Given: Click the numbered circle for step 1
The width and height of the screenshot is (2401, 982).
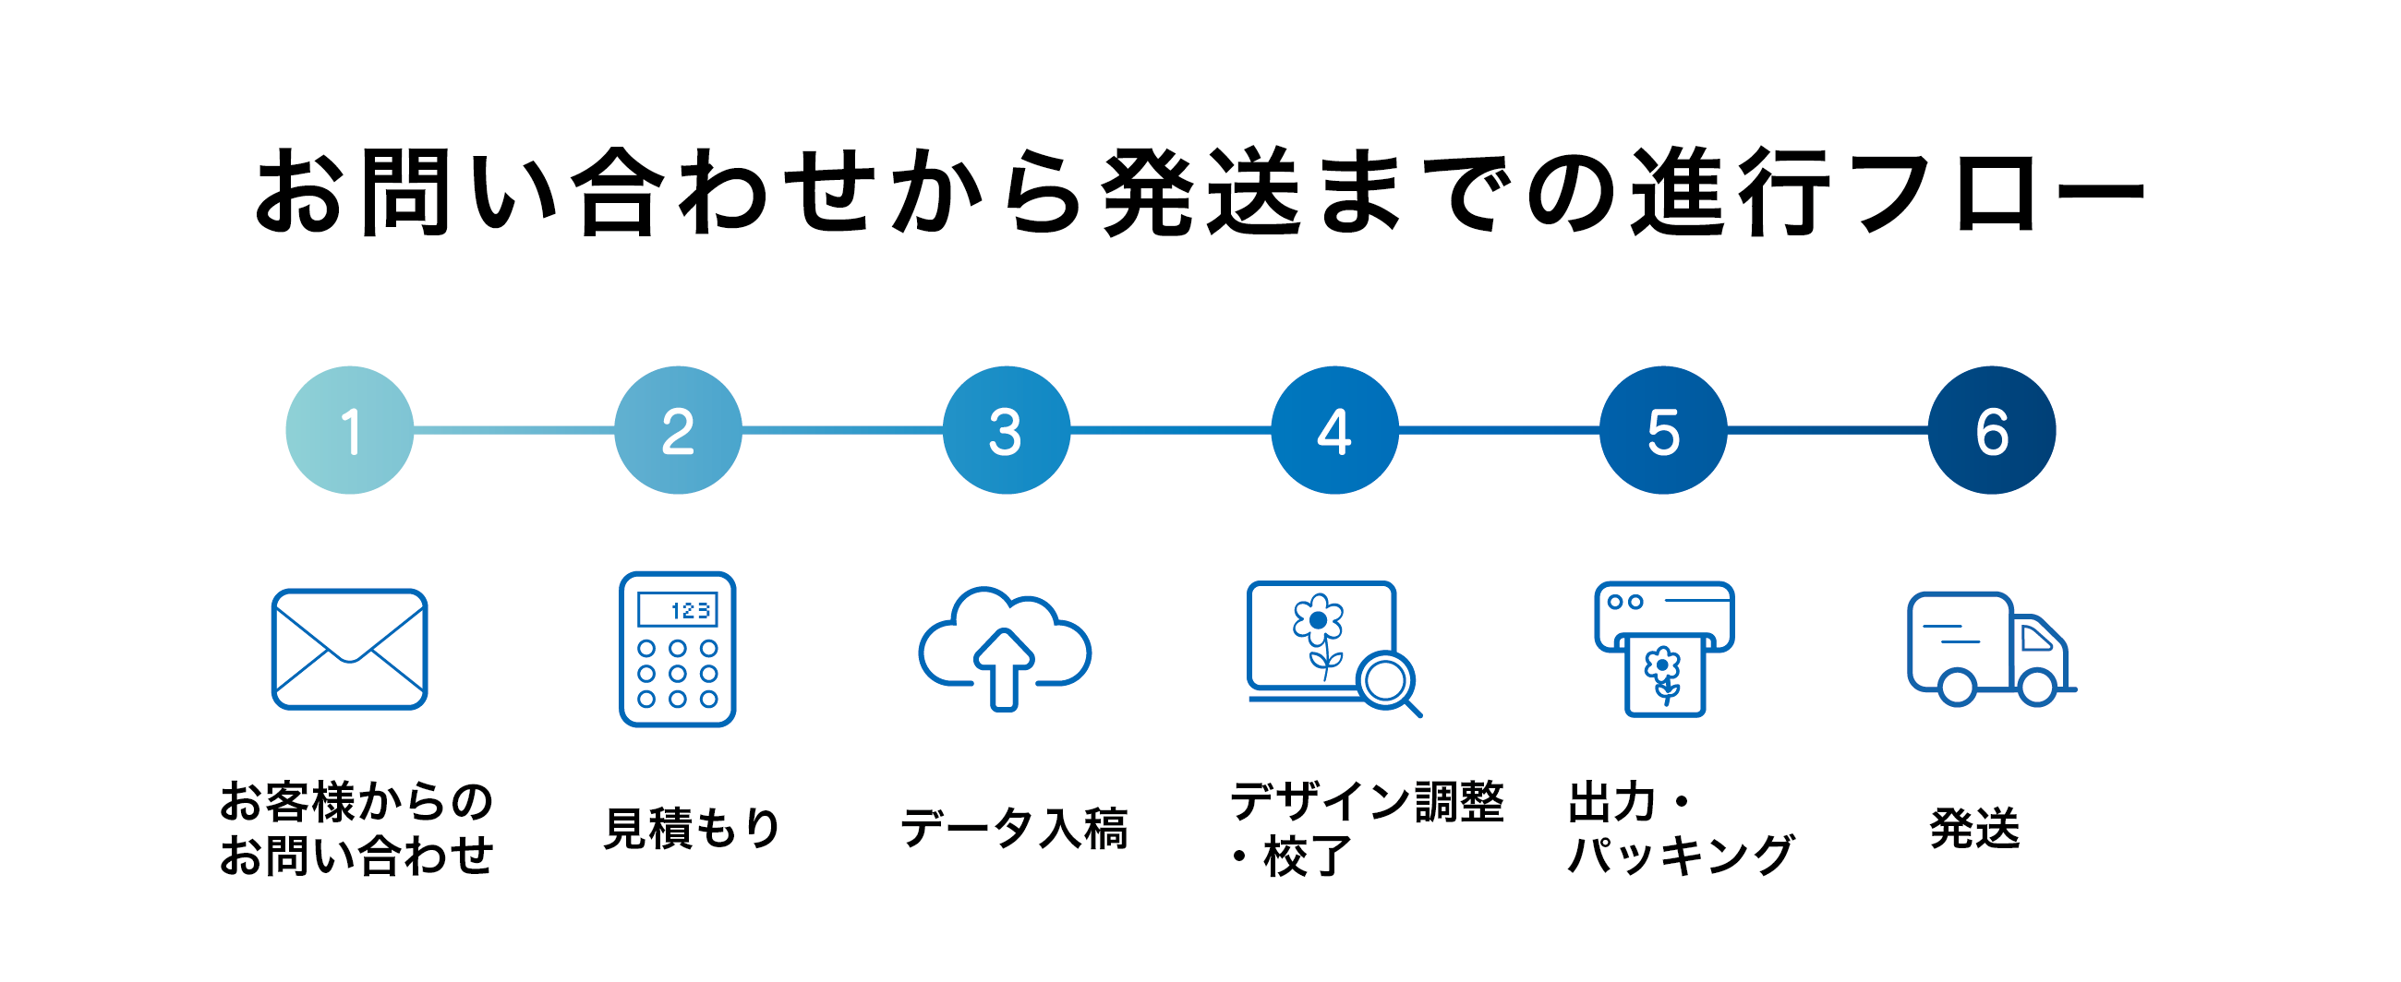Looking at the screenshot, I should [x=349, y=429].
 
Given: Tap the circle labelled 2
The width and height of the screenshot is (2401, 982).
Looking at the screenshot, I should [x=678, y=429].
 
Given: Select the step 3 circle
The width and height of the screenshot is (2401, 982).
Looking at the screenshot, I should [x=1007, y=429].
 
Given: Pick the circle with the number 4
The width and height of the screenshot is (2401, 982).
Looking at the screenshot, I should [x=1334, y=429].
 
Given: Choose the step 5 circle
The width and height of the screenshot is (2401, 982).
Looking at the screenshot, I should [x=1663, y=429].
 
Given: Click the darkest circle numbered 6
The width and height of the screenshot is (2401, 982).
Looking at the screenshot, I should [x=1992, y=429].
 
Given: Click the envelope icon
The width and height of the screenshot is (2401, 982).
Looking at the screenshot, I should [x=349, y=650].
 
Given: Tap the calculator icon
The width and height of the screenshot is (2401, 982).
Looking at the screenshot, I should [x=678, y=650].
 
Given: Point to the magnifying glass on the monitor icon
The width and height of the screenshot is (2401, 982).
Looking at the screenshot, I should [x=1386, y=681].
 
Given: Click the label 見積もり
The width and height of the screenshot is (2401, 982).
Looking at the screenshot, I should [x=692, y=828].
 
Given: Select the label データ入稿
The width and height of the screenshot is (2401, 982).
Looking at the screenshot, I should [x=1014, y=828].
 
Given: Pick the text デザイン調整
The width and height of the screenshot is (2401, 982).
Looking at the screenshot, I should [x=1367, y=801].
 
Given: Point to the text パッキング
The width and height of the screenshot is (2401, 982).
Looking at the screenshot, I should [x=1681, y=856].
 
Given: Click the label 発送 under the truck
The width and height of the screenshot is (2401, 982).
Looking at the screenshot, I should [x=1974, y=828].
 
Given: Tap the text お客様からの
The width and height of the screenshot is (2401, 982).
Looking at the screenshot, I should [x=356, y=801].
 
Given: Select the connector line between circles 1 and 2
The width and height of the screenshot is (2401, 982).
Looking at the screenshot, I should [x=513, y=429].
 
